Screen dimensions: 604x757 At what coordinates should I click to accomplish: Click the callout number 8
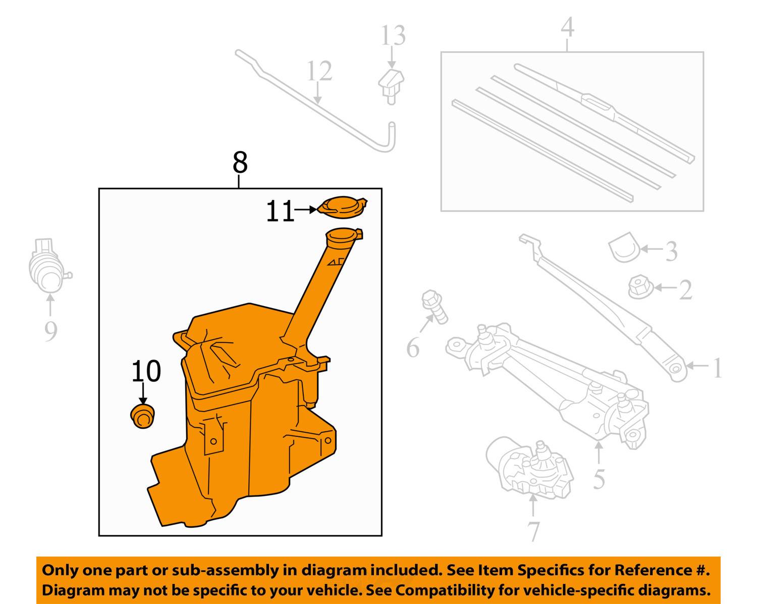(240, 163)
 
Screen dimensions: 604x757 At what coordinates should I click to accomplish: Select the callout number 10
(146, 372)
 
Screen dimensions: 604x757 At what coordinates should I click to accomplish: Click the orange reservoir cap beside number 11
(343, 207)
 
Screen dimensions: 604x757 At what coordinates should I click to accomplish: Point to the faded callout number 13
(393, 36)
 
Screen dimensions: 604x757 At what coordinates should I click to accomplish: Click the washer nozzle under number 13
(391, 84)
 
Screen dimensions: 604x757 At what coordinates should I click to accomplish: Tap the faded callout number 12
(319, 71)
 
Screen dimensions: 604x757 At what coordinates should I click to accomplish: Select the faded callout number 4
(567, 27)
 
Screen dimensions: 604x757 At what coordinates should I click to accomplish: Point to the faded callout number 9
(50, 331)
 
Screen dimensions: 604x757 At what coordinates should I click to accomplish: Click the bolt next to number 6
(435, 306)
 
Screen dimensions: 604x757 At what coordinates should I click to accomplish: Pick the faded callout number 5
(599, 479)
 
